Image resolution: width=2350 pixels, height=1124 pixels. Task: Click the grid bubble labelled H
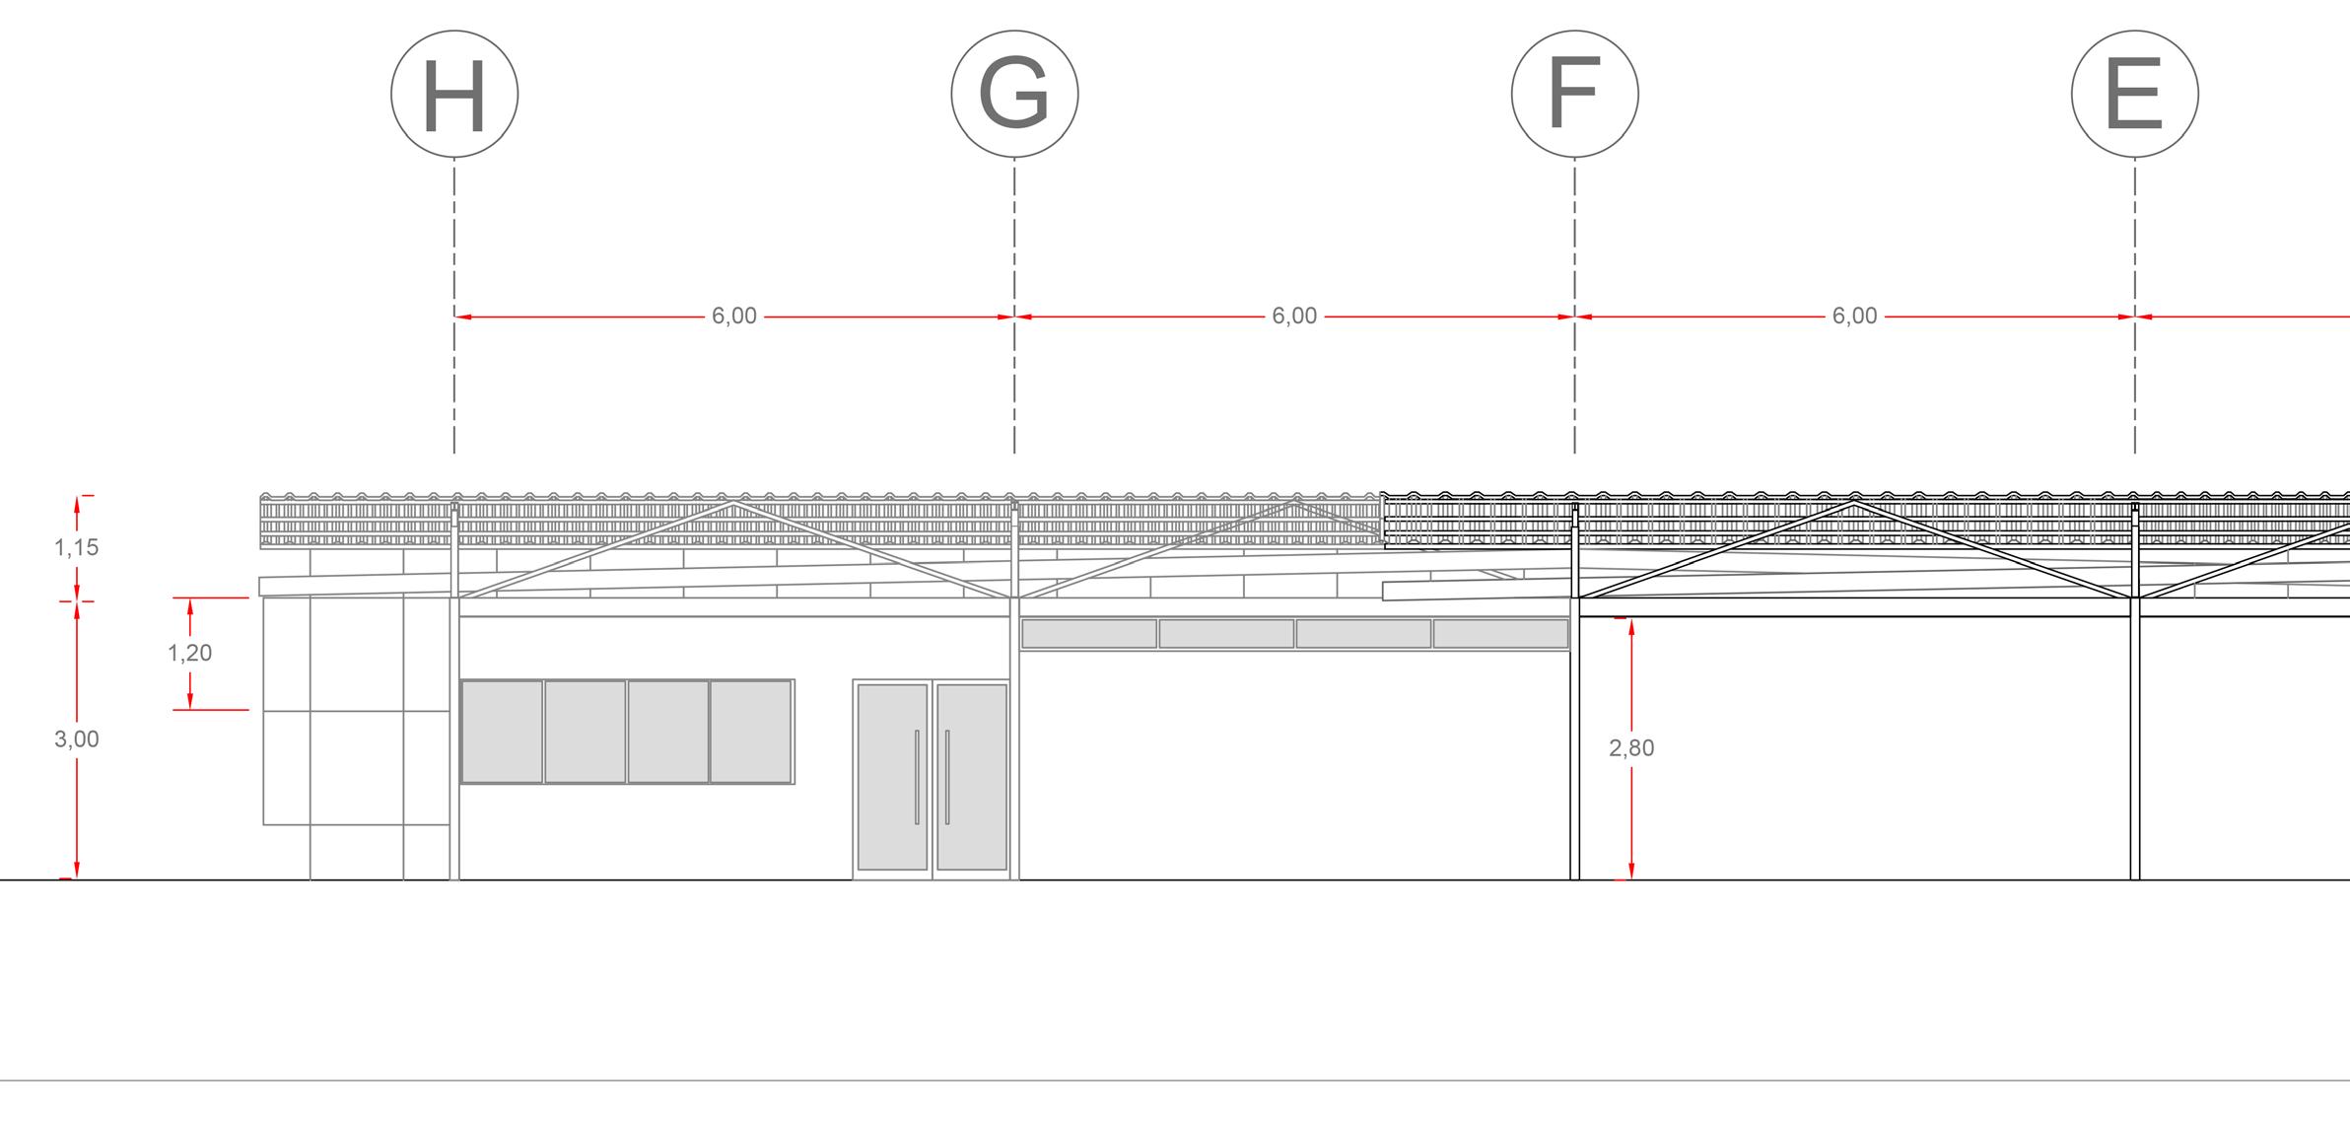(454, 95)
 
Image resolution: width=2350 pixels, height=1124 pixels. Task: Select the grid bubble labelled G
(1014, 95)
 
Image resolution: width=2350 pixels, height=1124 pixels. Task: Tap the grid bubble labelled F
(1574, 95)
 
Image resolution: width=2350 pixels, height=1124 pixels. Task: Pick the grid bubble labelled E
(2134, 95)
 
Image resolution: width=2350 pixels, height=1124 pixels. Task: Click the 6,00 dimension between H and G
(734, 316)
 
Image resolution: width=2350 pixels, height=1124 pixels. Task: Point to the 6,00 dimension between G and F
(1294, 316)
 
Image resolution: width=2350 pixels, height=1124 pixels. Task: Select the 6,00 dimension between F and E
(1854, 316)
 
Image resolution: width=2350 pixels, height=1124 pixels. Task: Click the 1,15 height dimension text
(77, 548)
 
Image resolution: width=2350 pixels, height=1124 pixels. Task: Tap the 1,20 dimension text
(189, 653)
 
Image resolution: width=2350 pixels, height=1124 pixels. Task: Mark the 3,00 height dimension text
(77, 739)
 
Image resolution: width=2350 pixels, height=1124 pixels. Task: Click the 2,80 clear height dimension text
(1631, 749)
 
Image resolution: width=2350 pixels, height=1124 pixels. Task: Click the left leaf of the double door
(892, 777)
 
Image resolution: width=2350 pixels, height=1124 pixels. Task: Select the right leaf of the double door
(971, 777)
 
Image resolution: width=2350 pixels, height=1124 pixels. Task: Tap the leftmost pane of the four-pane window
(502, 732)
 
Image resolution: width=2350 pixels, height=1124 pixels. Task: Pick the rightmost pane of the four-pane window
(751, 732)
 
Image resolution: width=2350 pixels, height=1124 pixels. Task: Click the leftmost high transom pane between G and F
(1089, 634)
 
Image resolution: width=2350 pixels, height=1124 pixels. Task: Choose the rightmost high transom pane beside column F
(1500, 634)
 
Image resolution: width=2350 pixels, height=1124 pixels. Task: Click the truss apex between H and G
(732, 503)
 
